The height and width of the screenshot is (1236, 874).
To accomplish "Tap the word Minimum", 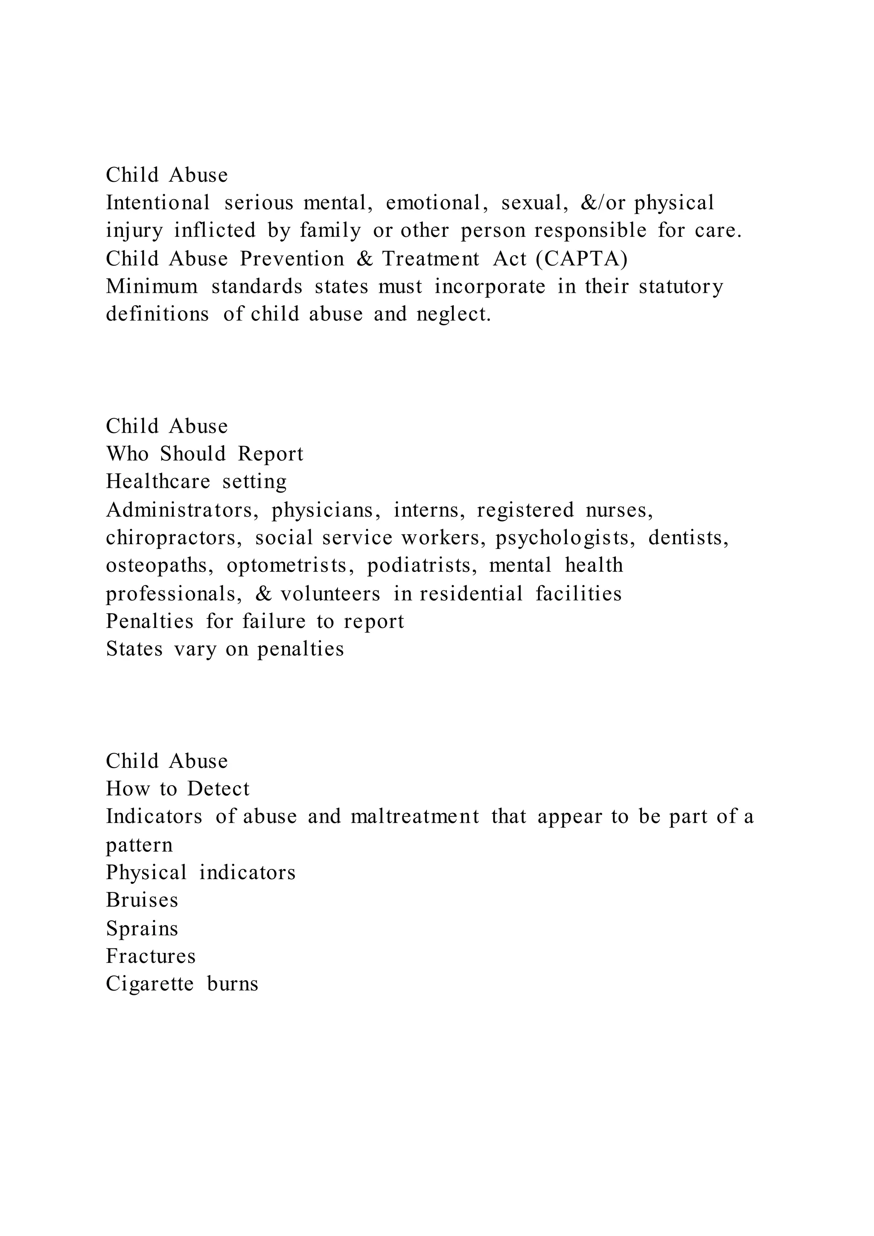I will coord(152,286).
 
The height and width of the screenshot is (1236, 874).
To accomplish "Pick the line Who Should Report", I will coord(204,454).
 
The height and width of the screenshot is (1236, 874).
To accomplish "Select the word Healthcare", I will coord(157,481).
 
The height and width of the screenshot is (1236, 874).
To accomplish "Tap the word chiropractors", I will coord(174,538).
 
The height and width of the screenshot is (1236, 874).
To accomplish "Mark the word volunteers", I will coord(330,594).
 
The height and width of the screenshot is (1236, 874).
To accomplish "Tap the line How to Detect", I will coord(178,789).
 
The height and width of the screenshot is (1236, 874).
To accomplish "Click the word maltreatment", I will coord(414,816).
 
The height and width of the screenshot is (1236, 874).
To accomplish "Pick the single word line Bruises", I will coord(142,900).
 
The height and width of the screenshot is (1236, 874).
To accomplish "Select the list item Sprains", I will coord(142,929).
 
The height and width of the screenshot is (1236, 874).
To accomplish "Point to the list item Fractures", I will coord(151,956).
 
